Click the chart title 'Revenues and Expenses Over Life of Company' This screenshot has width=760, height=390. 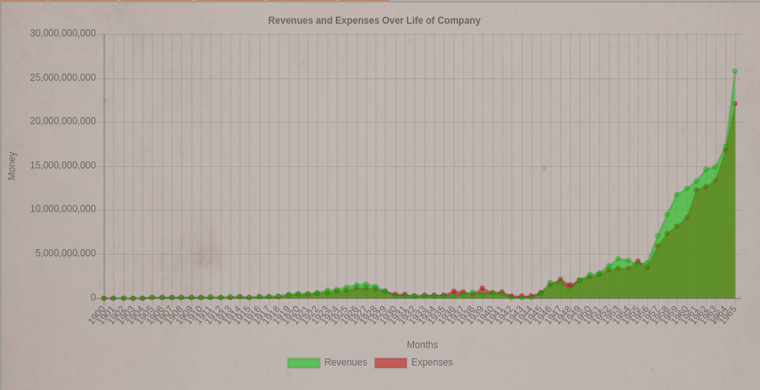coord(374,21)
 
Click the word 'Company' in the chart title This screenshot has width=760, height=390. coord(460,21)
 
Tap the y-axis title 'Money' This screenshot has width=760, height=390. coord(12,165)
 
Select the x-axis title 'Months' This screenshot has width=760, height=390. coord(422,345)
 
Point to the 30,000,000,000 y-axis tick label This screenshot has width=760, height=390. coord(63,33)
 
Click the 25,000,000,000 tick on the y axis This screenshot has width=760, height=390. coord(63,78)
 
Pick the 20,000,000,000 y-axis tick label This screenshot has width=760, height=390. coord(63,121)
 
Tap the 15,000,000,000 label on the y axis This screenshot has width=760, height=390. coord(63,165)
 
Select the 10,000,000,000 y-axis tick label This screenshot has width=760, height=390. coord(63,209)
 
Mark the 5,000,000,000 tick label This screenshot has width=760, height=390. coord(66,253)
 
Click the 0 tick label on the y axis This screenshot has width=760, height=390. coord(93,297)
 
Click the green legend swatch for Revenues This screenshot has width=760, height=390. coord(303,363)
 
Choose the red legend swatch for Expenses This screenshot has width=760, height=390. coord(390,363)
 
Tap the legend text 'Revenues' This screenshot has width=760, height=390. coord(345,362)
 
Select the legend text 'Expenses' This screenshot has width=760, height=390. coord(432,362)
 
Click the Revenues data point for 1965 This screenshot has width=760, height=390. coord(735,71)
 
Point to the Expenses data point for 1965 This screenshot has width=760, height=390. coord(735,104)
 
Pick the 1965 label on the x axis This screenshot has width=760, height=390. coord(728,315)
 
